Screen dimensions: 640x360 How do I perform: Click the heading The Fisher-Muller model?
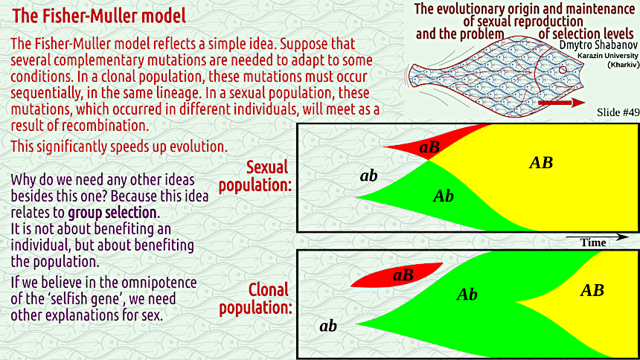coord(99,16)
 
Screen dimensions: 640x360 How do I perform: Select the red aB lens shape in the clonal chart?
coord(397,275)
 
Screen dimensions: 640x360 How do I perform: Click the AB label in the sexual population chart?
coord(541,162)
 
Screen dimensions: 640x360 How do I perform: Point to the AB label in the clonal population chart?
coord(592,290)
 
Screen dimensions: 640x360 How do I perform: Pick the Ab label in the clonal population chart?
coord(467,294)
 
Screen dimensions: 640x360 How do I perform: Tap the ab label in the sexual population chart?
coord(368,176)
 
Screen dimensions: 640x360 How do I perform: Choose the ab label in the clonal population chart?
coord(328,326)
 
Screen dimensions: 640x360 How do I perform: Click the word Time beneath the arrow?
coord(593,243)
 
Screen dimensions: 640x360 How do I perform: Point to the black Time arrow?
coord(597,237)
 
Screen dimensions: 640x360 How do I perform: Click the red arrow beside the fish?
coord(562,103)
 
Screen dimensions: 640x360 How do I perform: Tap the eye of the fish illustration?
coord(563,70)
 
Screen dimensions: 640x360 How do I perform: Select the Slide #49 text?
coord(618,112)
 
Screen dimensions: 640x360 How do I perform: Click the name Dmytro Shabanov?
coord(598,45)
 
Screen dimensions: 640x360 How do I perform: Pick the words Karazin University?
coord(608,56)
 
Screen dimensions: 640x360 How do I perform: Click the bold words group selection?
coord(112,213)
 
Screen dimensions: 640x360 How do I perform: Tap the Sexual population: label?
coord(255,176)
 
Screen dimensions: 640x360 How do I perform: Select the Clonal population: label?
coord(256,299)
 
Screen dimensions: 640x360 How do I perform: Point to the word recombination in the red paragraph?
coord(106,125)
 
